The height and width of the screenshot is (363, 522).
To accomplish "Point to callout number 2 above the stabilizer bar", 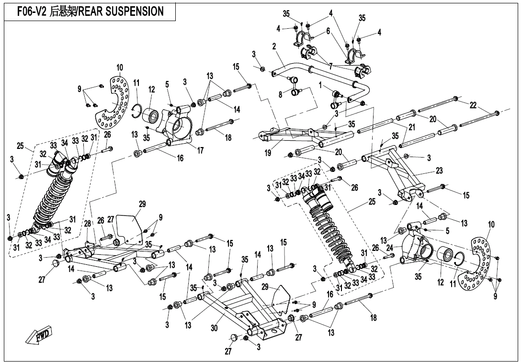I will point(274,46).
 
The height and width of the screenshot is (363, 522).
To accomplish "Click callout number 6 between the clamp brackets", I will point(328,31).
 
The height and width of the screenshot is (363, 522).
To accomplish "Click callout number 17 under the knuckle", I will point(200,150).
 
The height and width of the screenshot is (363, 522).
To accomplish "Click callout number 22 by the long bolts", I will point(473,105).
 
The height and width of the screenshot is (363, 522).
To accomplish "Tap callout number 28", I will point(88,224).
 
